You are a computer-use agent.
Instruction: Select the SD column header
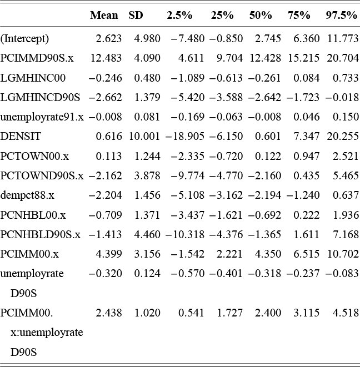click(136, 16)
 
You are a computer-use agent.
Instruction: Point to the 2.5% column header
click(179, 16)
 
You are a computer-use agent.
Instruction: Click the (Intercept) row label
click(25, 39)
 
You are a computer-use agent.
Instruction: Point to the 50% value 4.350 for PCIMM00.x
click(260, 254)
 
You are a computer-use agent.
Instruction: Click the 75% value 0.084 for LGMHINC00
click(307, 78)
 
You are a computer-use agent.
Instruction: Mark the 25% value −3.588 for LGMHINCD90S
click(226, 98)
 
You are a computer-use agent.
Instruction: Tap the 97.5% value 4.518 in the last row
click(345, 313)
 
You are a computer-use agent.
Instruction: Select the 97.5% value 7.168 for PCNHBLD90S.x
click(345, 234)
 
